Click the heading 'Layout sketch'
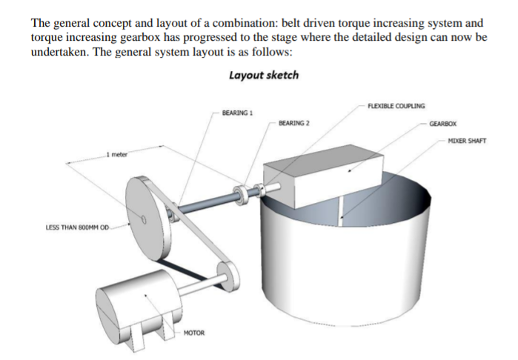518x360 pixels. [x=264, y=75]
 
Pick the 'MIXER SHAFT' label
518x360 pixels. [x=467, y=141]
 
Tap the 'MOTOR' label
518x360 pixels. [x=193, y=333]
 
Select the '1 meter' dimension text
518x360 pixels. [x=116, y=154]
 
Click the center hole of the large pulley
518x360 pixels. [x=145, y=220]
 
